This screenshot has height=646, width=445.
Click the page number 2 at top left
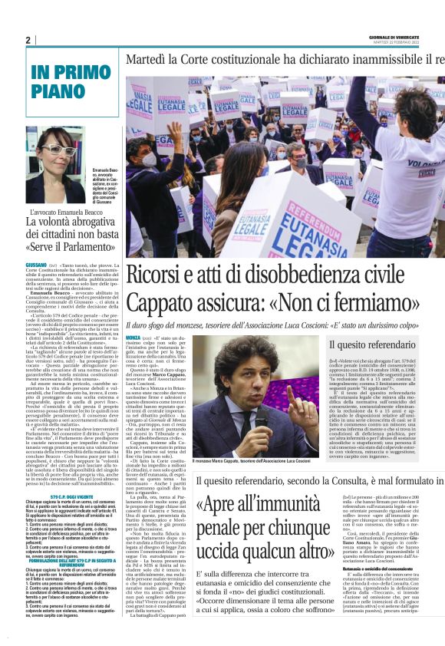(28, 40)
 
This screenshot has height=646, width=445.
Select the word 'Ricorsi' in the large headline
(159, 275)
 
